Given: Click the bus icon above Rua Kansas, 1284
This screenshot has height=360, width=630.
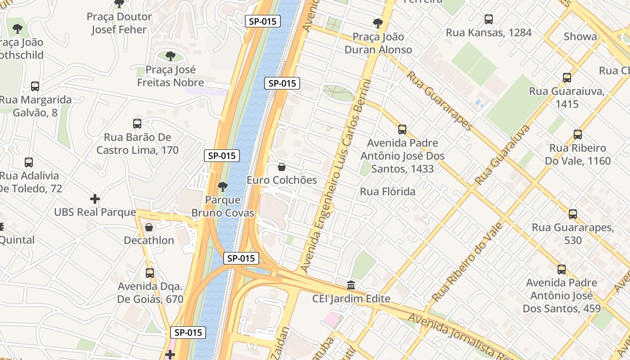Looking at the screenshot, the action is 488,19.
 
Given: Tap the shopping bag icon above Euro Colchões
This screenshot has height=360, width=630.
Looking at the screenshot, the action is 282,167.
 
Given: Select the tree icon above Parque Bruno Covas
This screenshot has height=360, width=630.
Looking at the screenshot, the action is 222,186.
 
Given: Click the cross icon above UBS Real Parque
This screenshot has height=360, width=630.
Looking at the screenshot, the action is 95,199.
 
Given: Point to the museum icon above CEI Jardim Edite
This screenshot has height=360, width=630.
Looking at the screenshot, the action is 351,285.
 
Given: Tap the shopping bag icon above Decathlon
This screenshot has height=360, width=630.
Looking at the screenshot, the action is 149,227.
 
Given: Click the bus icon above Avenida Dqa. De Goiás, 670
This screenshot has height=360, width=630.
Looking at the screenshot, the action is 150,273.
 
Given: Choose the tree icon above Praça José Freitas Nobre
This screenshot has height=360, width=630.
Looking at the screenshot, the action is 170,56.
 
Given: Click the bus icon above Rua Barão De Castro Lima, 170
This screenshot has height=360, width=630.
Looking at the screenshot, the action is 137,124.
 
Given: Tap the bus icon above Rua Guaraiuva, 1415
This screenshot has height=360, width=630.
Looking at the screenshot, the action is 567,78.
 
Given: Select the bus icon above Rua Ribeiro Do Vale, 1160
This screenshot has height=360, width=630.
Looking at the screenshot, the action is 577,135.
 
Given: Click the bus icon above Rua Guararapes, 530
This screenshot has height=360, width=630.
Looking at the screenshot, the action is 572,214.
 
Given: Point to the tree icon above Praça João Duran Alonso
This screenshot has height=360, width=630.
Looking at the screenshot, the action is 378,23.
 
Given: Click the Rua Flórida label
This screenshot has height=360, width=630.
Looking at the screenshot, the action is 387,192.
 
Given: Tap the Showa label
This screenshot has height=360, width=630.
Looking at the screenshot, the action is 580,36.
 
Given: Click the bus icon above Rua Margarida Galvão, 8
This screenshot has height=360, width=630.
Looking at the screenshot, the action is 35,86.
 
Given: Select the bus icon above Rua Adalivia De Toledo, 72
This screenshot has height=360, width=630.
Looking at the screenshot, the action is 29,162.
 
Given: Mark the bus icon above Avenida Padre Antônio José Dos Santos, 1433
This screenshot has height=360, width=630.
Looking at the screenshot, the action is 402,130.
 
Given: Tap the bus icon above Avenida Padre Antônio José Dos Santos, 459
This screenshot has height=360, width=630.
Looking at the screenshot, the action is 561,270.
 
